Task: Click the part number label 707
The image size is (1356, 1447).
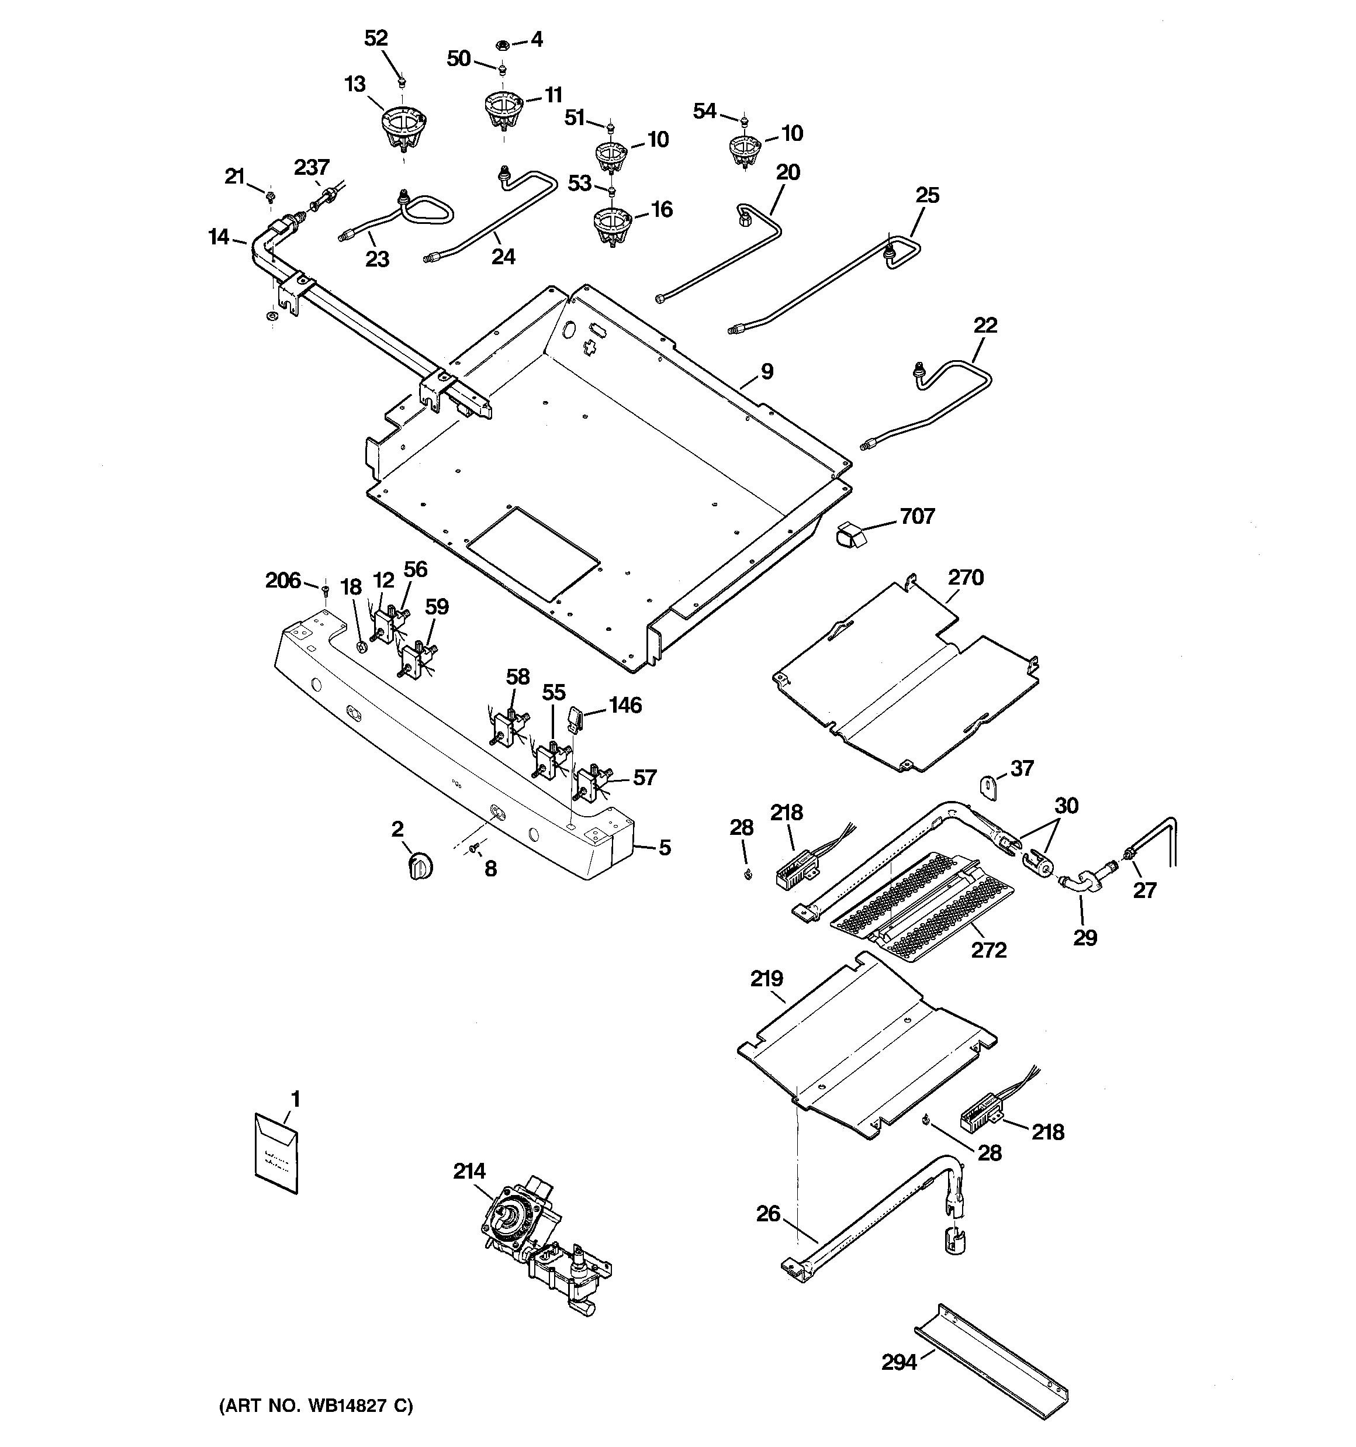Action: (916, 516)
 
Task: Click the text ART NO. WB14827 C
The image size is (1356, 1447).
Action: (316, 1405)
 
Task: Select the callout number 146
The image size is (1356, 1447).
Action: (625, 704)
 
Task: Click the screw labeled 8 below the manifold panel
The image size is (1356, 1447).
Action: (475, 847)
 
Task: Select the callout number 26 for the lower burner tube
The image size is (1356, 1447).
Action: (768, 1213)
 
